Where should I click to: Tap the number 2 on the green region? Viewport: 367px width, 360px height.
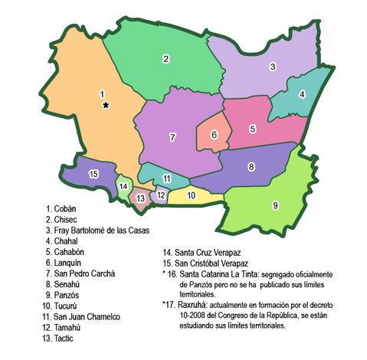(x=165, y=57)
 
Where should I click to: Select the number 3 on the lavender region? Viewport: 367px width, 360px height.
(x=272, y=67)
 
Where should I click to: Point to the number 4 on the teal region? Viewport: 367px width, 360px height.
(x=302, y=95)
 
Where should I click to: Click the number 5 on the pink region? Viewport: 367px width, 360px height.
(x=252, y=129)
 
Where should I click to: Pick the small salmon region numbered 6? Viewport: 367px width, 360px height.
(x=215, y=135)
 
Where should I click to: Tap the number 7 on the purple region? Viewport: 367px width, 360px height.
(x=173, y=137)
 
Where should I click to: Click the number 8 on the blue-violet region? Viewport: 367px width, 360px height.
(x=251, y=166)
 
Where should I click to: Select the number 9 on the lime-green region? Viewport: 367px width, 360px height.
(x=275, y=205)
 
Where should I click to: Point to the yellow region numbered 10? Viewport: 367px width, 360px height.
(x=192, y=195)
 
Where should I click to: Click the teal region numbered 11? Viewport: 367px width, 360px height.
(x=166, y=178)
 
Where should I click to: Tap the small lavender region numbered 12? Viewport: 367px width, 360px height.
(x=161, y=195)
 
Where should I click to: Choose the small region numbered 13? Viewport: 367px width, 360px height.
(x=141, y=198)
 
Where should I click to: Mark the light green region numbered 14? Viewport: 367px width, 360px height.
(x=123, y=186)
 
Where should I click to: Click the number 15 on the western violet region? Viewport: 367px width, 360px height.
(x=93, y=175)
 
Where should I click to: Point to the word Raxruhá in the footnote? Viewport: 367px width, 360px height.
(x=195, y=303)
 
